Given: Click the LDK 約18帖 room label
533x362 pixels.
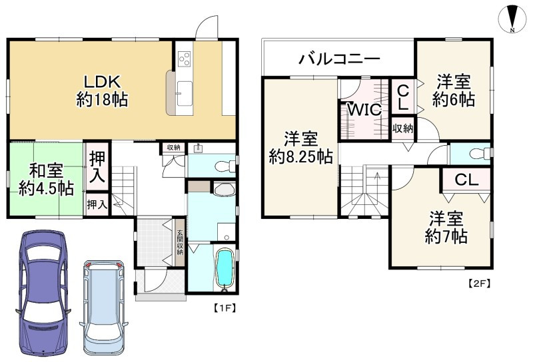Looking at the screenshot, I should pyautogui.click(x=101, y=91).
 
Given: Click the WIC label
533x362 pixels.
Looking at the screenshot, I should pyautogui.click(x=364, y=110).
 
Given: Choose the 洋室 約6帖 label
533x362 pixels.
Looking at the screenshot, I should pyautogui.click(x=453, y=91).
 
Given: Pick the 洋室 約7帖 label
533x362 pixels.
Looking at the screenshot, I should pyautogui.click(x=446, y=227).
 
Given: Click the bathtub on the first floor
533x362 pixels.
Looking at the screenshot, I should pyautogui.click(x=227, y=270).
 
